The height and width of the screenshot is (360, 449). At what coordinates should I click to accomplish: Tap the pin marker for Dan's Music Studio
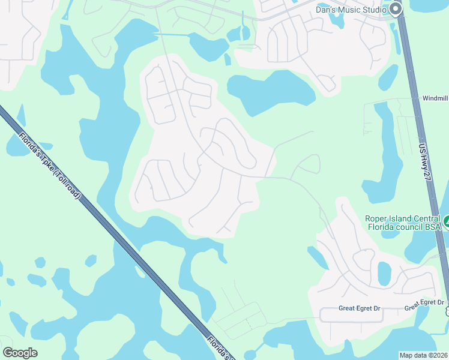(395, 8)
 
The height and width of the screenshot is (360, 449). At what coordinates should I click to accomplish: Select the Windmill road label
(435, 98)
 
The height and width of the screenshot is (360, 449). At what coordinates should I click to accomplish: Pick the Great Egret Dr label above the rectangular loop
(360, 308)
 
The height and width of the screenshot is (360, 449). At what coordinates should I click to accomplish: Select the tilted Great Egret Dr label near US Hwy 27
(424, 305)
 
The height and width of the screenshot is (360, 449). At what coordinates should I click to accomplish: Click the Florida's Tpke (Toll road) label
(50, 166)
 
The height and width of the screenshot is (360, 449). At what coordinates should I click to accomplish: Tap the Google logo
(20, 353)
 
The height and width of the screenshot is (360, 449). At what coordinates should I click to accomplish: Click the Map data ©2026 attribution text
(423, 355)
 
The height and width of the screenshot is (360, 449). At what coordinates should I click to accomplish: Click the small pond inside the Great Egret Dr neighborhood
(384, 272)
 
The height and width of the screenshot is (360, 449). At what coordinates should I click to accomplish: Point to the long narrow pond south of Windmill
(384, 156)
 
